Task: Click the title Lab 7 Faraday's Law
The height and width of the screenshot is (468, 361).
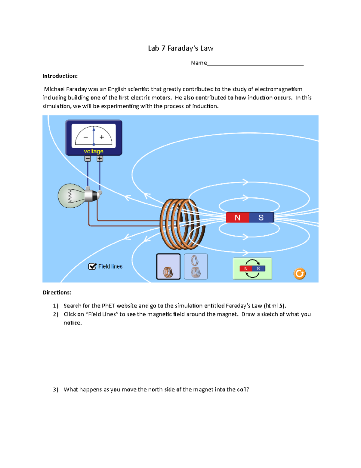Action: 180,48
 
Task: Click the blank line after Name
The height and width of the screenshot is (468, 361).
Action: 255,63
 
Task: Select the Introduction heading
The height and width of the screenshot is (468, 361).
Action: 60,76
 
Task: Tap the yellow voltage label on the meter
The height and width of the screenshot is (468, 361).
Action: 94,151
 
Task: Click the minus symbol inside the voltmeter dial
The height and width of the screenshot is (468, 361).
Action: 86,137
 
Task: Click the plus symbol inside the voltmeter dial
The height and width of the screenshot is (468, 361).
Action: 102,137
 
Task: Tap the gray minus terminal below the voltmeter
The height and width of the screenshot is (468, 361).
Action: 88,159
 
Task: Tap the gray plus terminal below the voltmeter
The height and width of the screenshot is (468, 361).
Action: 100,159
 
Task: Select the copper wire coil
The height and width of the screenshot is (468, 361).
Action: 180,224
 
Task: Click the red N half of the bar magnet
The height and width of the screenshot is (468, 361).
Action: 237,218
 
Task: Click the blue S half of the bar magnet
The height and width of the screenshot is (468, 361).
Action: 261,218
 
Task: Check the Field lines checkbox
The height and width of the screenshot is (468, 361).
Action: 92,266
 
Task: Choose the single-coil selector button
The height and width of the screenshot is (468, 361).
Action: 168,266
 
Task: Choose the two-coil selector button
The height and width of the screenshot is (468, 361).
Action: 196,266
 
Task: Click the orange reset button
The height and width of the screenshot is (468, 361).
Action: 299,273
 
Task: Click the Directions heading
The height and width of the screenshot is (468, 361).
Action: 57,293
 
